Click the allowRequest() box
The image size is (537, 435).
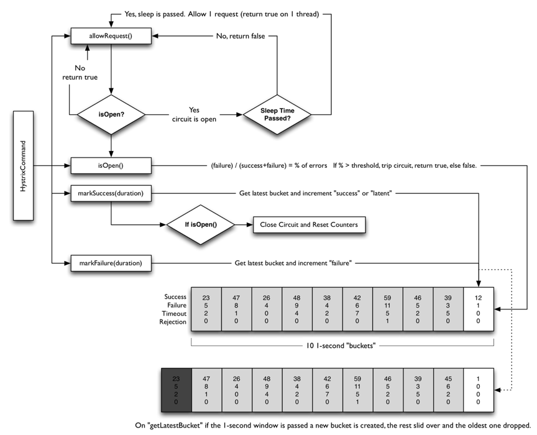[111, 36]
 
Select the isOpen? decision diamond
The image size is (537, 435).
[111, 114]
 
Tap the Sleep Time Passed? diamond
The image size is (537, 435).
[277, 114]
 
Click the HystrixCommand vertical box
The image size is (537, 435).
[23, 165]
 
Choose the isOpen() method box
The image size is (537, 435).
[111, 165]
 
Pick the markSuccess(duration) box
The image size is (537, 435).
[111, 194]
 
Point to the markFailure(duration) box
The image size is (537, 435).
[111, 263]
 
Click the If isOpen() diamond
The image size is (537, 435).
[200, 224]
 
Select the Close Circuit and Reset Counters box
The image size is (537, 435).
[309, 224]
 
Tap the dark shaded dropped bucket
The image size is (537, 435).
[176, 390]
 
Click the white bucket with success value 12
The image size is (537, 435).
[478, 309]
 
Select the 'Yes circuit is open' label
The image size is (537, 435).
[195, 114]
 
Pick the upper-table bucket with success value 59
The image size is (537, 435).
[387, 309]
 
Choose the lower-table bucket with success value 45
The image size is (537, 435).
[447, 390]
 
